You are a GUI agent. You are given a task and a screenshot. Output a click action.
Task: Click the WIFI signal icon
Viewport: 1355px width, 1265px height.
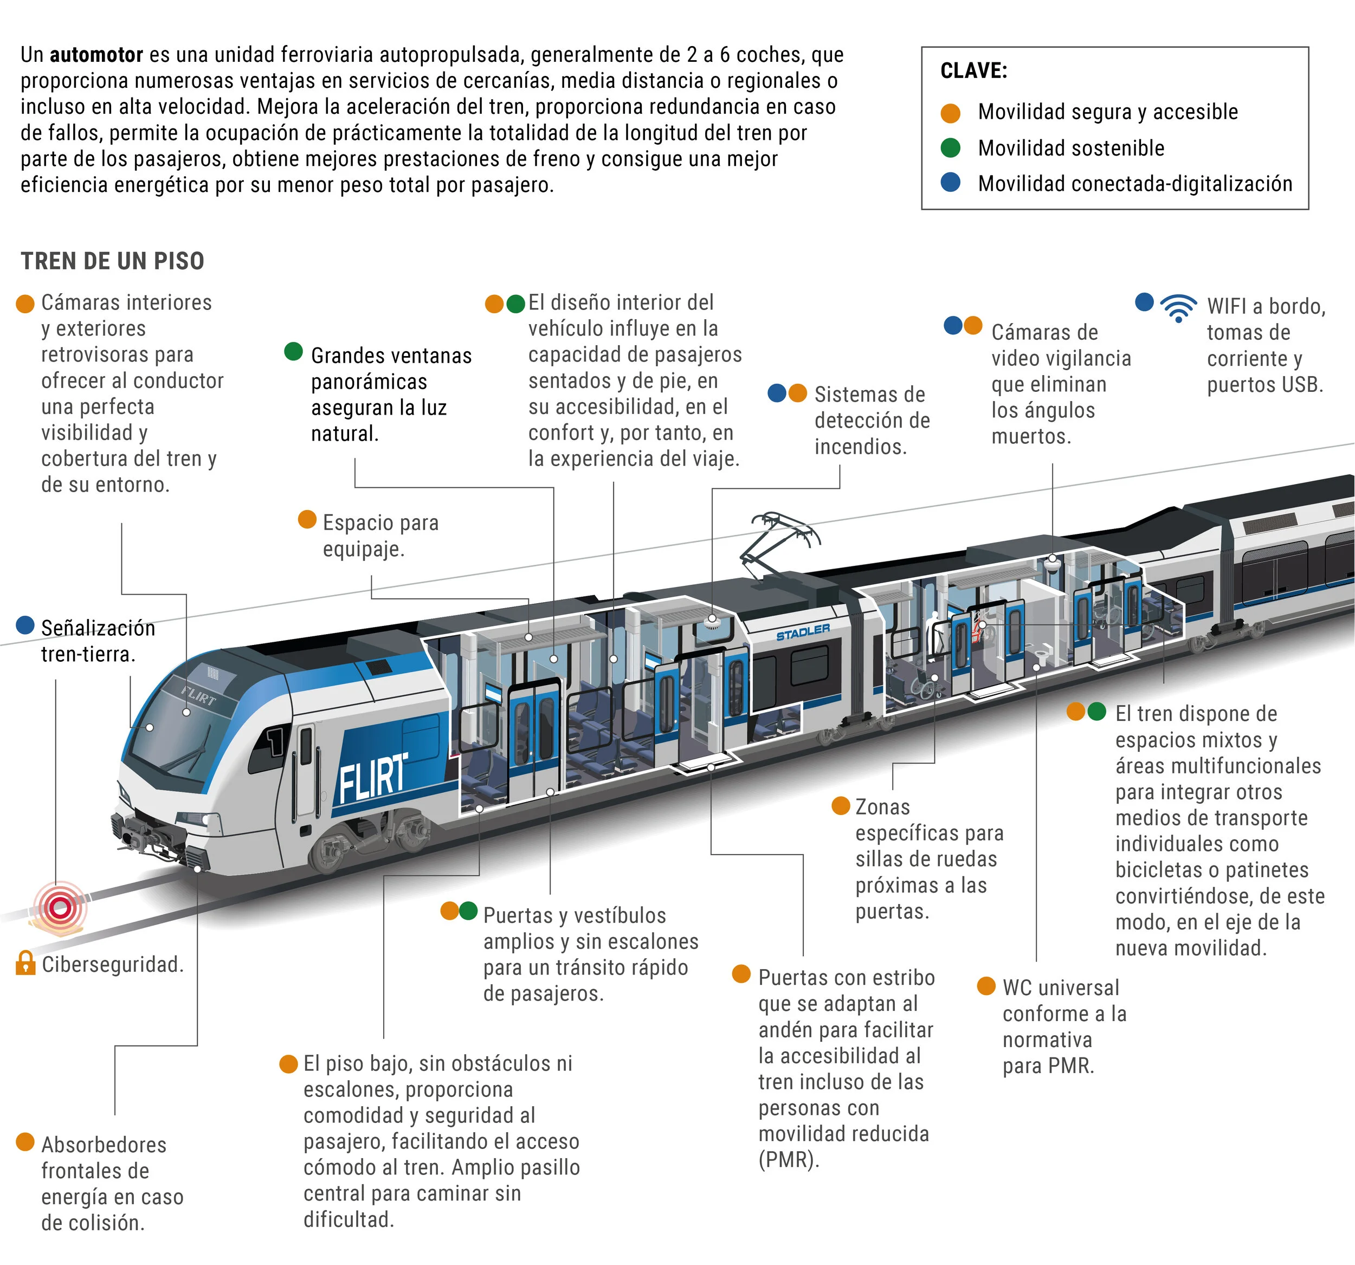coord(1178,307)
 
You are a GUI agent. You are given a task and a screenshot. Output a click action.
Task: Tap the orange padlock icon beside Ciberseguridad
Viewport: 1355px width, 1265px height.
coord(25,963)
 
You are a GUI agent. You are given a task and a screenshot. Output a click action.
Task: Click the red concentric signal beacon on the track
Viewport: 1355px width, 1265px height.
coord(61,907)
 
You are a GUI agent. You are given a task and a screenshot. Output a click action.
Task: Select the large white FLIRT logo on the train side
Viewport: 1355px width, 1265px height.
coord(373,778)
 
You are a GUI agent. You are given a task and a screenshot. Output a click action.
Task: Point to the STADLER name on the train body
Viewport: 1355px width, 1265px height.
coord(803,632)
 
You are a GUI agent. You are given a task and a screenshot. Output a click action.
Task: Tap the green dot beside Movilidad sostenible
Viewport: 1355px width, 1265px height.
coord(950,147)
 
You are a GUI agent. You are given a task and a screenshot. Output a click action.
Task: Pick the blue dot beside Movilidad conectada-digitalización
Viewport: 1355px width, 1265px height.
coord(950,183)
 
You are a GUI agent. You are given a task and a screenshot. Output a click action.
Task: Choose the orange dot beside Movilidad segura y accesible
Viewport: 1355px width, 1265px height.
coord(950,112)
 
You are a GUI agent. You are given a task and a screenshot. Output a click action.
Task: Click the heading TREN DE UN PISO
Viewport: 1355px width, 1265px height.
coord(112,261)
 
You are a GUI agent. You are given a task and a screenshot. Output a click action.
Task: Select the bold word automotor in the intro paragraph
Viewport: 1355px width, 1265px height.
coord(96,55)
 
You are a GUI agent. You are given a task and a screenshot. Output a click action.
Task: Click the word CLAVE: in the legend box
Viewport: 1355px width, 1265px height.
coord(973,71)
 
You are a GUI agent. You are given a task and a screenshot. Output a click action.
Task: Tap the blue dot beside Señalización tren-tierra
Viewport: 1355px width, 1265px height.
coord(25,625)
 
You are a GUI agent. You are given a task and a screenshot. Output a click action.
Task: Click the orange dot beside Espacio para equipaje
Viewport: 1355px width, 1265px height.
coord(307,519)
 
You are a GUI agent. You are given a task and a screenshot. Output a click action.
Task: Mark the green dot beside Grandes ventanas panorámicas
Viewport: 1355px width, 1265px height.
coord(293,352)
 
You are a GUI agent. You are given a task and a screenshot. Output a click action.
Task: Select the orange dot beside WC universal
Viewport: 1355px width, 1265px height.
coord(986,985)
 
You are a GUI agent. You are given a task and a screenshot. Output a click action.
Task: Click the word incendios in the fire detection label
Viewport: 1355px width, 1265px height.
coord(860,447)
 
